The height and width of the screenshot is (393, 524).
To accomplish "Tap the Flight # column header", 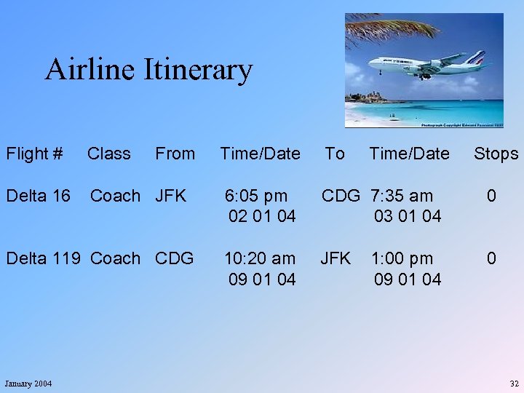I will pyautogui.click(x=34, y=154).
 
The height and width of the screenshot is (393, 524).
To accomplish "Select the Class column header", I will pyautogui.click(x=109, y=154).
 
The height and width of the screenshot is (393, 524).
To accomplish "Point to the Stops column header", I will pyautogui.click(x=496, y=154).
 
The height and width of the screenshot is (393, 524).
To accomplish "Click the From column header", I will pyautogui.click(x=175, y=154).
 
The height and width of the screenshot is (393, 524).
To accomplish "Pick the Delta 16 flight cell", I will pyautogui.click(x=39, y=196).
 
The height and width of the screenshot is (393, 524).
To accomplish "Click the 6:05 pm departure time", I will pyautogui.click(x=255, y=196).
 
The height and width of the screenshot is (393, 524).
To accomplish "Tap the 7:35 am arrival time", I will pyautogui.click(x=402, y=196).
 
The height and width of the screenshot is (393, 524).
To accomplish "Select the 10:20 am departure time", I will pyautogui.click(x=260, y=258).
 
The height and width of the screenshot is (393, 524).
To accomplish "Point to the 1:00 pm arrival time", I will pyautogui.click(x=402, y=258).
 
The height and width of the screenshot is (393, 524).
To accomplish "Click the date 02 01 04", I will pyautogui.click(x=262, y=216).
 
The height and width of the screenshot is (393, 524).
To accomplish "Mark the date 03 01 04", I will pyautogui.click(x=408, y=216).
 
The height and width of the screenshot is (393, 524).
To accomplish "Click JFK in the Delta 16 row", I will pyautogui.click(x=171, y=196).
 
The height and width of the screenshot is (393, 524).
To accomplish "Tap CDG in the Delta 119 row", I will pyautogui.click(x=174, y=258).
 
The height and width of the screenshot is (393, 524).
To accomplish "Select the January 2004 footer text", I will pyautogui.click(x=28, y=384).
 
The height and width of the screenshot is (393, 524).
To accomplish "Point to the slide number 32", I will pyautogui.click(x=515, y=384).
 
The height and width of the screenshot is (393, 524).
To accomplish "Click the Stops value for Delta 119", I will pyautogui.click(x=492, y=258).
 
